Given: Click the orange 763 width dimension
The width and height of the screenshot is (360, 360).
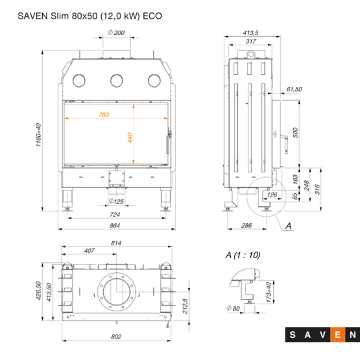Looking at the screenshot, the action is pyautogui.click(x=104, y=115).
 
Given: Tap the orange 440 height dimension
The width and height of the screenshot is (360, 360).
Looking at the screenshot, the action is pyautogui.click(x=130, y=138).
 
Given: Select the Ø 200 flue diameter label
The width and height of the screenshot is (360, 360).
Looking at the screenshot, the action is pyautogui.click(x=116, y=32).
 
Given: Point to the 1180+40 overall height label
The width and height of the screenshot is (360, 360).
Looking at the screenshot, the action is pyautogui.click(x=38, y=135).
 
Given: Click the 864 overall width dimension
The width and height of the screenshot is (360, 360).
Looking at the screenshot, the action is pyautogui.click(x=115, y=226).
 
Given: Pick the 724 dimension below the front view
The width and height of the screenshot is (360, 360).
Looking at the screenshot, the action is pyautogui.click(x=115, y=215).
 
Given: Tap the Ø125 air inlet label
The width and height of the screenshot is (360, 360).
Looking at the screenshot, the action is pyautogui.click(x=116, y=201).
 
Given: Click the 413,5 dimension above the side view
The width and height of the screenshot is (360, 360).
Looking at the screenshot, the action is pyautogui.click(x=251, y=33).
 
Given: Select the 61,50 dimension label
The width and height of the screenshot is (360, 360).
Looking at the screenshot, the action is pyautogui.click(x=294, y=89).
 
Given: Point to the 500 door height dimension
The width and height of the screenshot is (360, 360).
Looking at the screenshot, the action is pyautogui.click(x=296, y=133).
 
